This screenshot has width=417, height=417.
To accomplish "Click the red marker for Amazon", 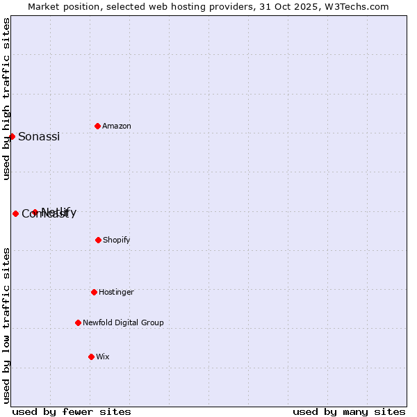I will coord(97,126).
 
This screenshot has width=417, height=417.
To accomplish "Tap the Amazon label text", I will coord(117,126).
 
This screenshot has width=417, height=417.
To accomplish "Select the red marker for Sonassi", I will coord(12,136).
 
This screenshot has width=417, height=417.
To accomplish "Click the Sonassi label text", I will coord(39,137).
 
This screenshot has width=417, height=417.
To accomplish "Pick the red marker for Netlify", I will coord(35,212).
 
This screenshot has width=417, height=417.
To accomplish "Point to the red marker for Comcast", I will coord(15,213).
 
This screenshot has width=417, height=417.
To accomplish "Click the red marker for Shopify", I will coord(98,240).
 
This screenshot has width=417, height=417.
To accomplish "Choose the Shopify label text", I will coord(117,240).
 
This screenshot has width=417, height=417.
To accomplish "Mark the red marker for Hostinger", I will coord(94,292).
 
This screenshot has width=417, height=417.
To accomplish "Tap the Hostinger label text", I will coord(116,293).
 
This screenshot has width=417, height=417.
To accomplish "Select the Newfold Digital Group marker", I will coord(78,322).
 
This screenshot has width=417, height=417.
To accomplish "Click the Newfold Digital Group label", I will coord(123,323).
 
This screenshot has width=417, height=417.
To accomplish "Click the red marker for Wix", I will coord(91,357).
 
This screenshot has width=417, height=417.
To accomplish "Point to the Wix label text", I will coord(103,357).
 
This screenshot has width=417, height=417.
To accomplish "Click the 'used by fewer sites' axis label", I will coord(72,411).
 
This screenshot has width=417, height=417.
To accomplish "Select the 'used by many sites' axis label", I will coord(349,411).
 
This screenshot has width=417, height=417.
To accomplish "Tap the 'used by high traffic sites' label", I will coord(6,99).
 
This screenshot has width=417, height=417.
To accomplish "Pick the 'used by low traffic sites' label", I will coord(6,325).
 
